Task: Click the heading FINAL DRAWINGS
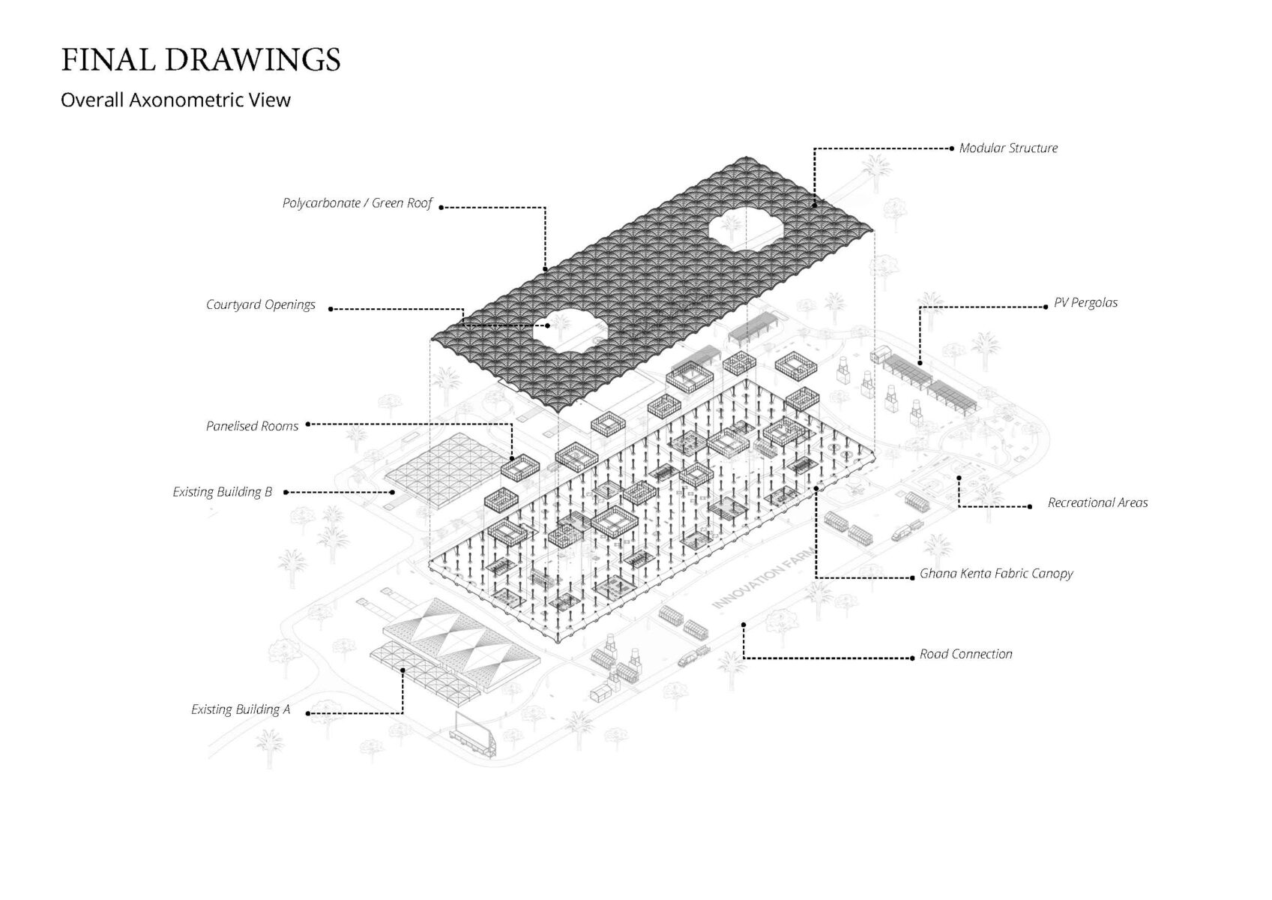point(200,60)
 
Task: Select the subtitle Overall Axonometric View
point(175,100)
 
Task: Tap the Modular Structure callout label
point(1008,148)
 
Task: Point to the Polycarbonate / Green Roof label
point(358,203)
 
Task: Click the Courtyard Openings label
point(260,305)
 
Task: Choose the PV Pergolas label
point(1085,303)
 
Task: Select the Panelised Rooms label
point(252,426)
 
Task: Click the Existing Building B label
point(222,492)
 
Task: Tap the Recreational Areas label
point(1097,502)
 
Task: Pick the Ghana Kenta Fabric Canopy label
point(996,574)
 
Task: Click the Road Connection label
point(965,655)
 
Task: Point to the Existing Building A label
point(240,709)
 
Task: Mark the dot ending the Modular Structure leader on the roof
point(814,205)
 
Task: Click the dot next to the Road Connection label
point(912,658)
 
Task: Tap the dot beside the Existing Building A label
point(308,714)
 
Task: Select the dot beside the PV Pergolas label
point(1046,307)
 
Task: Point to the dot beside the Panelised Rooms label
point(308,424)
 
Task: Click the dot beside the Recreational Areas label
point(1030,507)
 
